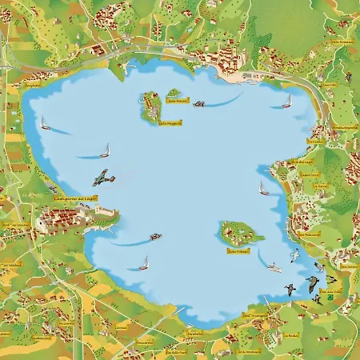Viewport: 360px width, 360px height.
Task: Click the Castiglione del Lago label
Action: pos(74,196)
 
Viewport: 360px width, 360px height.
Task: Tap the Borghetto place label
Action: pos(32,83)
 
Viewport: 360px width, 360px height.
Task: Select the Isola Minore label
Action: pos(177,101)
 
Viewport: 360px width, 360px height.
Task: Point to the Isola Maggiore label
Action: pos(170,123)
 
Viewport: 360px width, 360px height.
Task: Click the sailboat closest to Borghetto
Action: pos(46,124)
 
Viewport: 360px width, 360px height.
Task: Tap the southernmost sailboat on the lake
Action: pos(144,262)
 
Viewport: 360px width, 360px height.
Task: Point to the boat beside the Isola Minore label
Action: pos(198,103)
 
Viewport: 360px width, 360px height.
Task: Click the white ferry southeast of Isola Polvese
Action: pos(274,267)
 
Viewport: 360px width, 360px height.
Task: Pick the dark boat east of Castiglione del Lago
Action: pos(155,237)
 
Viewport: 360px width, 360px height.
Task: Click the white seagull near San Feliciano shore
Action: pos(294,255)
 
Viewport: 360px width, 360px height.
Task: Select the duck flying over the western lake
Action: pos(102,177)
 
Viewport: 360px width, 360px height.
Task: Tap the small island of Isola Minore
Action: pos(174,93)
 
